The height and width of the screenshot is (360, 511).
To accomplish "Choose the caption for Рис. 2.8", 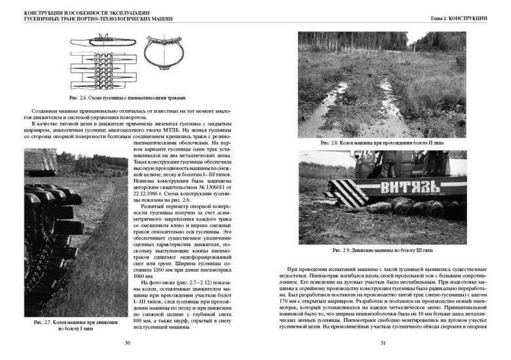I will click(x=383, y=143).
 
